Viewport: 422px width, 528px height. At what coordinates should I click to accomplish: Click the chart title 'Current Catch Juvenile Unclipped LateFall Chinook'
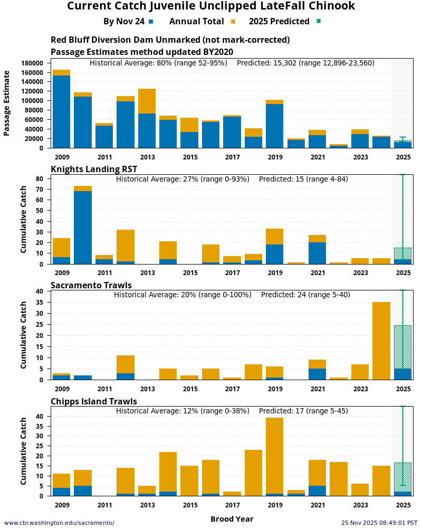(x=211, y=6)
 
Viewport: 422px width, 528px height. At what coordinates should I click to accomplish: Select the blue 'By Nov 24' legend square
(x=151, y=22)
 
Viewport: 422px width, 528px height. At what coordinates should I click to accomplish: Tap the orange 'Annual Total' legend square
(x=233, y=22)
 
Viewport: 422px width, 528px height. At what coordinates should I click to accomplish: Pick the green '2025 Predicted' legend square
(x=318, y=22)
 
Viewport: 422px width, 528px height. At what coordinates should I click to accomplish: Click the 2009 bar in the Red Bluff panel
(x=61, y=111)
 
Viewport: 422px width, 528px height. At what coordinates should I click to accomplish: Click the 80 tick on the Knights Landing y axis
(x=39, y=179)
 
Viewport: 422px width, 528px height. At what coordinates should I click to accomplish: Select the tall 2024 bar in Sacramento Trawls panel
(x=381, y=341)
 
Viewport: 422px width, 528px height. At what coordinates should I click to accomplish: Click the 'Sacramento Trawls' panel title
(x=91, y=285)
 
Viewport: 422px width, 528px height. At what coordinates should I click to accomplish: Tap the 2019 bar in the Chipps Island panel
(x=274, y=457)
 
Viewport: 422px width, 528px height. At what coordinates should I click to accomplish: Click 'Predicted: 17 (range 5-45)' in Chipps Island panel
(x=303, y=411)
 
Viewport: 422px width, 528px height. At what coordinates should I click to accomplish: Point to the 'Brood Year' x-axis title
(x=232, y=519)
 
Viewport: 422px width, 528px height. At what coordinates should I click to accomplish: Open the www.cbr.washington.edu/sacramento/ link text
(x=59, y=523)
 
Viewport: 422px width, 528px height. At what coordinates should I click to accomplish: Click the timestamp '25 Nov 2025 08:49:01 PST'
(x=379, y=523)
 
